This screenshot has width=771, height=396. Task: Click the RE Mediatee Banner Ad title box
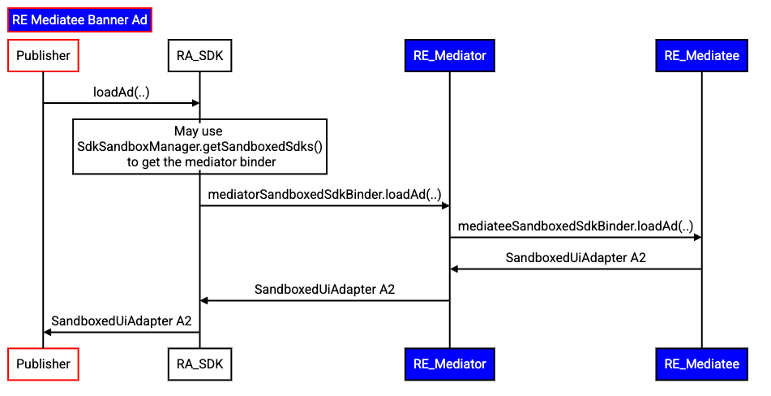pyautogui.click(x=79, y=20)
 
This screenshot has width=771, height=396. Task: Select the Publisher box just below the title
pyautogui.click(x=43, y=56)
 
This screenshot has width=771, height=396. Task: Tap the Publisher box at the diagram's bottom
pyautogui.click(x=43, y=364)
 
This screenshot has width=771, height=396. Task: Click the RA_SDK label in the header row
pyautogui.click(x=199, y=56)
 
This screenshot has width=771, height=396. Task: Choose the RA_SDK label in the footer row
pyautogui.click(x=199, y=364)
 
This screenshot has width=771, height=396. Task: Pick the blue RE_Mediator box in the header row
pyautogui.click(x=449, y=56)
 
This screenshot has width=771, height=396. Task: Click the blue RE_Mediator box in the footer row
pyautogui.click(x=449, y=364)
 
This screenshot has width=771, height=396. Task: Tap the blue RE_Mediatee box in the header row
pyautogui.click(x=701, y=56)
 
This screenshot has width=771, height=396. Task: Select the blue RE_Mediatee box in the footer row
pyautogui.click(x=701, y=364)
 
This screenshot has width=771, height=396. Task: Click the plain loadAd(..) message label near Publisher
pyautogui.click(x=122, y=93)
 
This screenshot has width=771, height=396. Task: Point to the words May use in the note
pyautogui.click(x=199, y=131)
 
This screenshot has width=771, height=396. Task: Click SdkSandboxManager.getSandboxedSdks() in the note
pyautogui.click(x=200, y=147)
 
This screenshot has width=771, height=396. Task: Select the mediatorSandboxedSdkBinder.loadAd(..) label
pyautogui.click(x=324, y=195)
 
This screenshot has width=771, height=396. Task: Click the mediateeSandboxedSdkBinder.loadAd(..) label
pyautogui.click(x=576, y=226)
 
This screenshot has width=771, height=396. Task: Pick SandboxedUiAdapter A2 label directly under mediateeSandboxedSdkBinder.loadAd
pyautogui.click(x=576, y=258)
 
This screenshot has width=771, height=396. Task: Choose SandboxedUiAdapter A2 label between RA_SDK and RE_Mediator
pyautogui.click(x=324, y=289)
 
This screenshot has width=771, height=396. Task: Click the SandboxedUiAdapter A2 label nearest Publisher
pyautogui.click(x=122, y=321)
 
